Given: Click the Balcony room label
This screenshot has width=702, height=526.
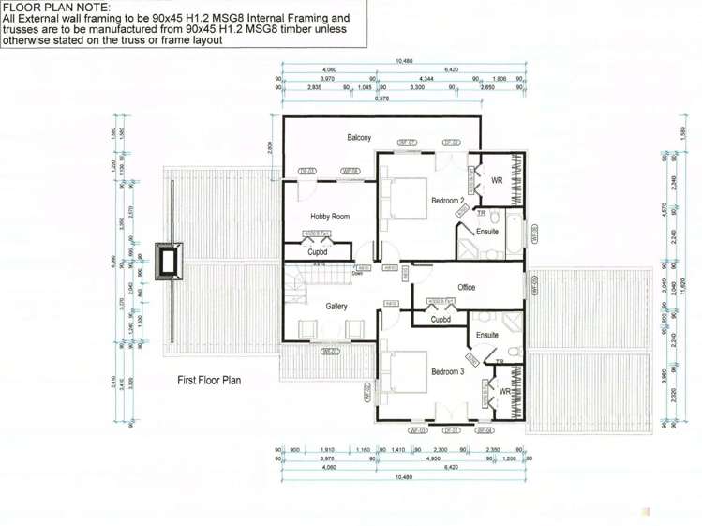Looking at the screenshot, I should pyautogui.click(x=359, y=137).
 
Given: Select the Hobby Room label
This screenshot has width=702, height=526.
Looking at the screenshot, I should pyautogui.click(x=329, y=217).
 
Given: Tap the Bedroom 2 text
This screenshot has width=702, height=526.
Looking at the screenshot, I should pyautogui.click(x=448, y=201).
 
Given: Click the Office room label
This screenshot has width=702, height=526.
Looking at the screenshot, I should pyautogui.click(x=467, y=287).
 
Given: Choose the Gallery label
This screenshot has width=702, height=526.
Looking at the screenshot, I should pyautogui.click(x=336, y=307).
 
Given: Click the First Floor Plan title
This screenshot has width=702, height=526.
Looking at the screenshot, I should pyautogui.click(x=209, y=381).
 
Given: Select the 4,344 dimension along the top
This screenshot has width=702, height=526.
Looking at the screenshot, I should pyautogui.click(x=426, y=78).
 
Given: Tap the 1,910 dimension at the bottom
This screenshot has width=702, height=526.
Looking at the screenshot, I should pyautogui.click(x=328, y=450).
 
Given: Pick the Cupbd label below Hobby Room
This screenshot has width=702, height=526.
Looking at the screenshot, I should pyautogui.click(x=318, y=252).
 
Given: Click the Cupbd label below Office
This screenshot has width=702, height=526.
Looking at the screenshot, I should pyautogui.click(x=441, y=319).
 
